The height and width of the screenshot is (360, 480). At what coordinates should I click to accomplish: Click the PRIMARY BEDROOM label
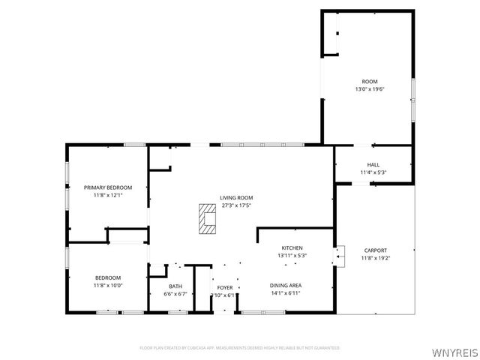[x=108, y=187]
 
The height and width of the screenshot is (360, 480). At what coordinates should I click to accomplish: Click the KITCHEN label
[x=292, y=247]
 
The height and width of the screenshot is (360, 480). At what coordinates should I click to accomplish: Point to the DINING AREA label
[x=286, y=285]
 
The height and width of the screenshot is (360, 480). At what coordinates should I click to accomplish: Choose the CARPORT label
[x=375, y=250]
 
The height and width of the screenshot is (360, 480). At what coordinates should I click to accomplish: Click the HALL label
[x=373, y=165]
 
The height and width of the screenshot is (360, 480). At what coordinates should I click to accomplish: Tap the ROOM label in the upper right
[x=370, y=81]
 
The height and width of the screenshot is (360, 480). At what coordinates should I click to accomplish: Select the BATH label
[x=175, y=286]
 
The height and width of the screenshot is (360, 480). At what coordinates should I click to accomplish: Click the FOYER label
[x=225, y=287]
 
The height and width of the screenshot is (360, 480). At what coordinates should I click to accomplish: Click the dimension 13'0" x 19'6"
[x=370, y=89]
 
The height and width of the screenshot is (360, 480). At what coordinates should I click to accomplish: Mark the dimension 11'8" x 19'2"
[x=375, y=258]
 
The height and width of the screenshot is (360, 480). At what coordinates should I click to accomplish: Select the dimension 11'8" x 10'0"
[x=108, y=286]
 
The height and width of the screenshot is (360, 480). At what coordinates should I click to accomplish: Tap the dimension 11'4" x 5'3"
[x=373, y=172]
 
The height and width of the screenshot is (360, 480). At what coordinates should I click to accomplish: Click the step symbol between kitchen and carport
[x=340, y=256]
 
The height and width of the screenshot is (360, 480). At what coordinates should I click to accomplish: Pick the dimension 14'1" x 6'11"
[x=286, y=293]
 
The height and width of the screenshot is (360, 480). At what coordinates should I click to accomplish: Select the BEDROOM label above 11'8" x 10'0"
[x=108, y=277]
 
